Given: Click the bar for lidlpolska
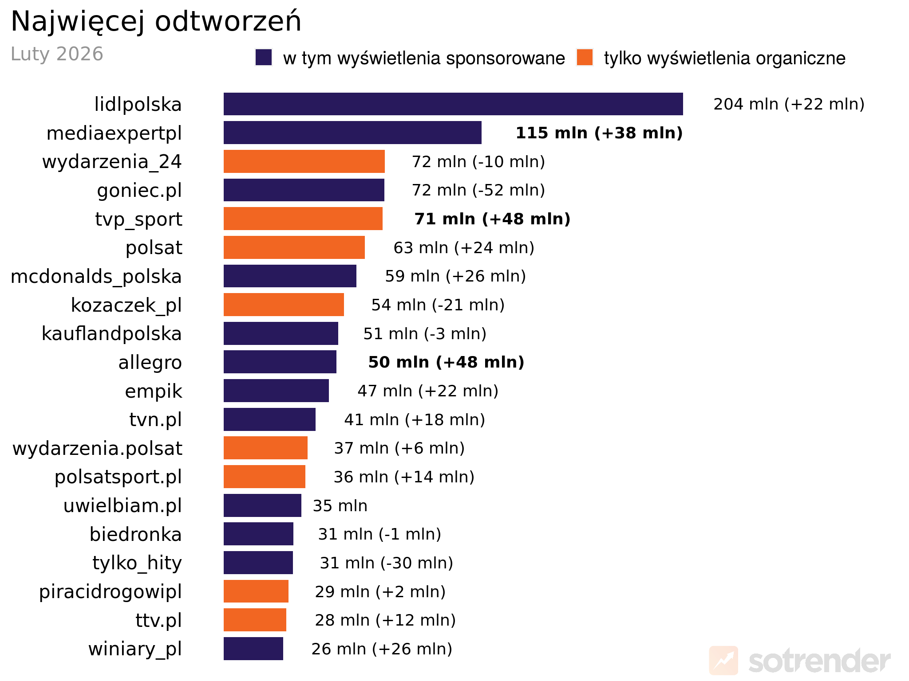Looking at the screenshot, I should click(453, 104).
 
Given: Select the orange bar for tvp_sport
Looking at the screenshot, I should click(303, 219).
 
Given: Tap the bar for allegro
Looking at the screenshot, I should click(280, 362).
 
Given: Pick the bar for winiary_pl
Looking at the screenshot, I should click(253, 649).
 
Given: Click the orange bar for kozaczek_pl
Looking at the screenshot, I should click(284, 305).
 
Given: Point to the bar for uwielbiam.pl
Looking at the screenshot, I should click(262, 505).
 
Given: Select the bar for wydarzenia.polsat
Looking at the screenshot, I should click(265, 448).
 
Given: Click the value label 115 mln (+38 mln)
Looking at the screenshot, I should click(599, 133).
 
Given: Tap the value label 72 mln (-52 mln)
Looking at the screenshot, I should click(478, 190).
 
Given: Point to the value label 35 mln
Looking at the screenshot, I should click(340, 506).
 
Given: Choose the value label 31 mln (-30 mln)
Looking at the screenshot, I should click(386, 563).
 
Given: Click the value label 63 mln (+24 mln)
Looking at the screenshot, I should click(464, 248).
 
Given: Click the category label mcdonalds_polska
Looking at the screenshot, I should click(96, 277).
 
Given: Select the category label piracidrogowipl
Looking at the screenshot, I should click(110, 592).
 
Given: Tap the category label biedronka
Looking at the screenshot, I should click(135, 535).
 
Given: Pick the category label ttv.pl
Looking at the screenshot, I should click(158, 620).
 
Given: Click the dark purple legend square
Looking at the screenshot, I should click(264, 58).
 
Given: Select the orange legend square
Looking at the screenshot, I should click(585, 58).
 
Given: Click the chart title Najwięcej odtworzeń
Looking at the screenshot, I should click(156, 21).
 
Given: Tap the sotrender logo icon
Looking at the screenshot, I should click(723, 661).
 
